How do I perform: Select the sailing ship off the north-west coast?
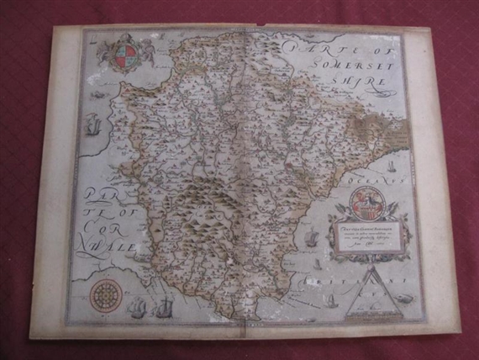93,126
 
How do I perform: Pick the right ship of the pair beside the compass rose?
166,304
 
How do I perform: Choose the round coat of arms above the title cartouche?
370,203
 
